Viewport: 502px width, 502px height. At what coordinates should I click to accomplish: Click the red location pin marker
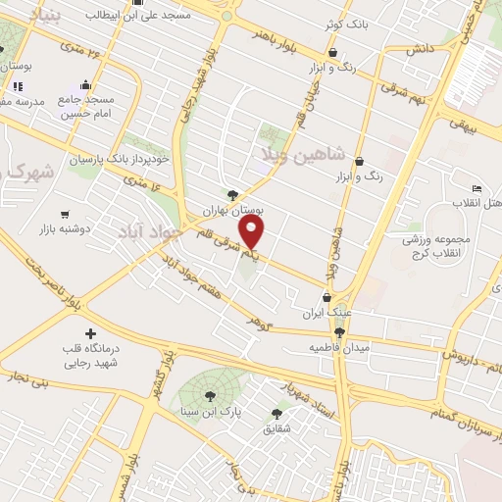tap(253, 233)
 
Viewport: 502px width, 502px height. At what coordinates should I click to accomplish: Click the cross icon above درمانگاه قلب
tap(91, 334)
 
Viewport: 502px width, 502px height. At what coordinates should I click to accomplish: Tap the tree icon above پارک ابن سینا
tap(211, 395)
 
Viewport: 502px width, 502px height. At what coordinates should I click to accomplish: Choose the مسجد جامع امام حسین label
tap(87, 107)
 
